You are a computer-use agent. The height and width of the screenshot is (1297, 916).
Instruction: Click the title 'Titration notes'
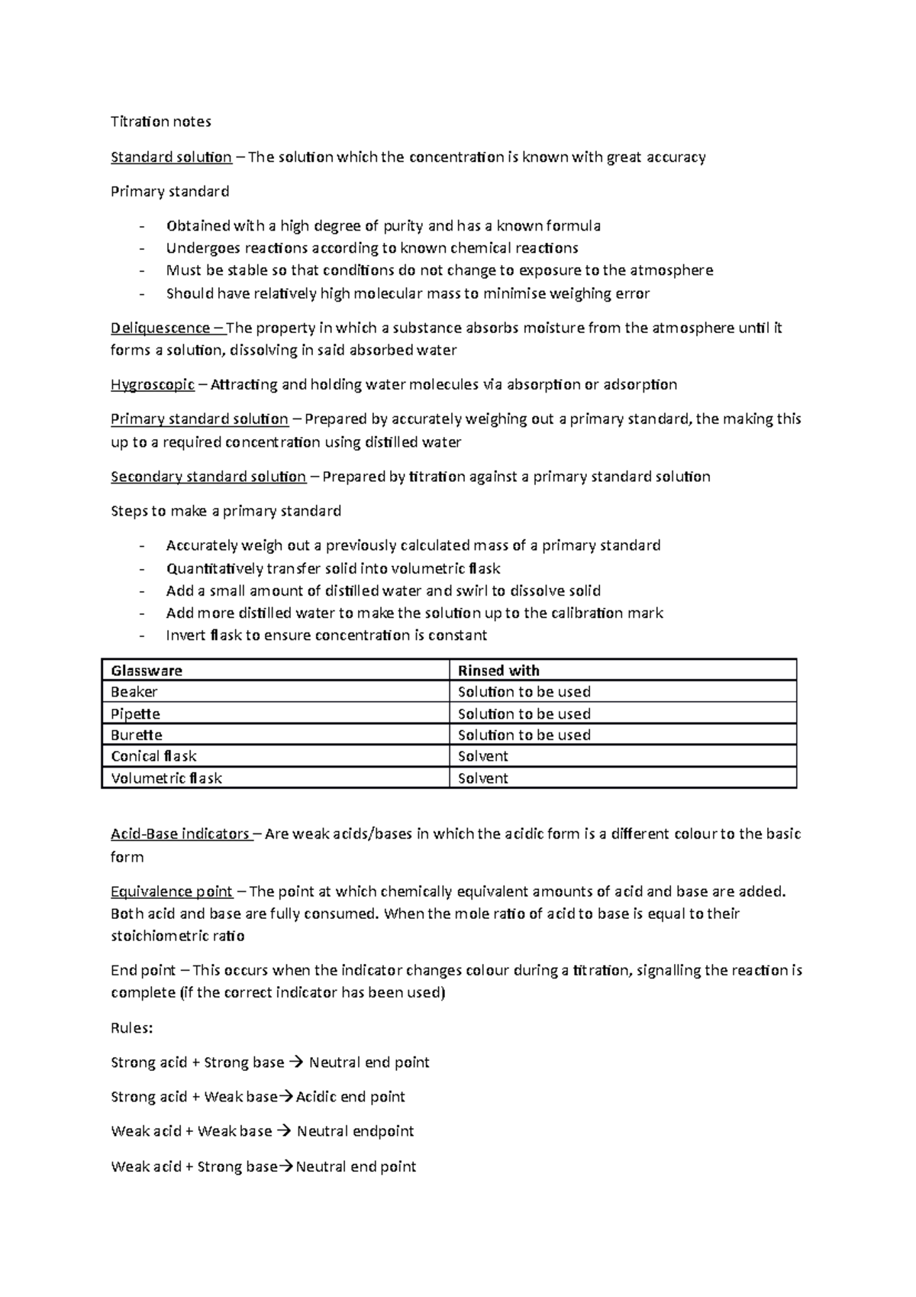[x=160, y=121]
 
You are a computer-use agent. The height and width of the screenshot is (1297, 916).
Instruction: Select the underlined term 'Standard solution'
[x=171, y=157]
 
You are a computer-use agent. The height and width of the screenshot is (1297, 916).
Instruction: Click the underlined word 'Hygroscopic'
[x=153, y=385]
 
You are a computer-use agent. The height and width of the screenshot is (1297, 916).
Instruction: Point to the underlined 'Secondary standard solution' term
[x=208, y=477]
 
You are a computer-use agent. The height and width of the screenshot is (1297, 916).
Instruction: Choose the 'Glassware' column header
[x=147, y=671]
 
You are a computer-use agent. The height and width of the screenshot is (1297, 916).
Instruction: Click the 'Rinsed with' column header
[x=498, y=671]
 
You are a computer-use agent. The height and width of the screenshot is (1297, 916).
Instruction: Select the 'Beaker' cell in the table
[x=134, y=692]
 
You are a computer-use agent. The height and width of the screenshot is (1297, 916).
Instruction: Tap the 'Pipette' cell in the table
[x=136, y=714]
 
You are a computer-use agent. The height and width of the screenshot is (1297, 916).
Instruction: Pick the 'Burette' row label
[x=137, y=736]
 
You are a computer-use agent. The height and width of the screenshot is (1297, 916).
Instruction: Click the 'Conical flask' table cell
[x=153, y=757]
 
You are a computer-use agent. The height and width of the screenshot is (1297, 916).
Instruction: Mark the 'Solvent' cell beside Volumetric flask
[x=482, y=779]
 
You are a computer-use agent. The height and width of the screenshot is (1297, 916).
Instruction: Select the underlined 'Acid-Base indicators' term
[x=180, y=834]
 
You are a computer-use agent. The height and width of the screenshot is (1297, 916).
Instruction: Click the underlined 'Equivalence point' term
[x=172, y=892]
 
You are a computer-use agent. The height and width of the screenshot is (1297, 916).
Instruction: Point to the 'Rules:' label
[x=132, y=1028]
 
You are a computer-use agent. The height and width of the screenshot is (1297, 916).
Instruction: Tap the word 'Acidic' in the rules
[x=316, y=1098]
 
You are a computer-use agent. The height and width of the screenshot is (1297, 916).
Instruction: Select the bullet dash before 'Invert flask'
[x=141, y=636]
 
